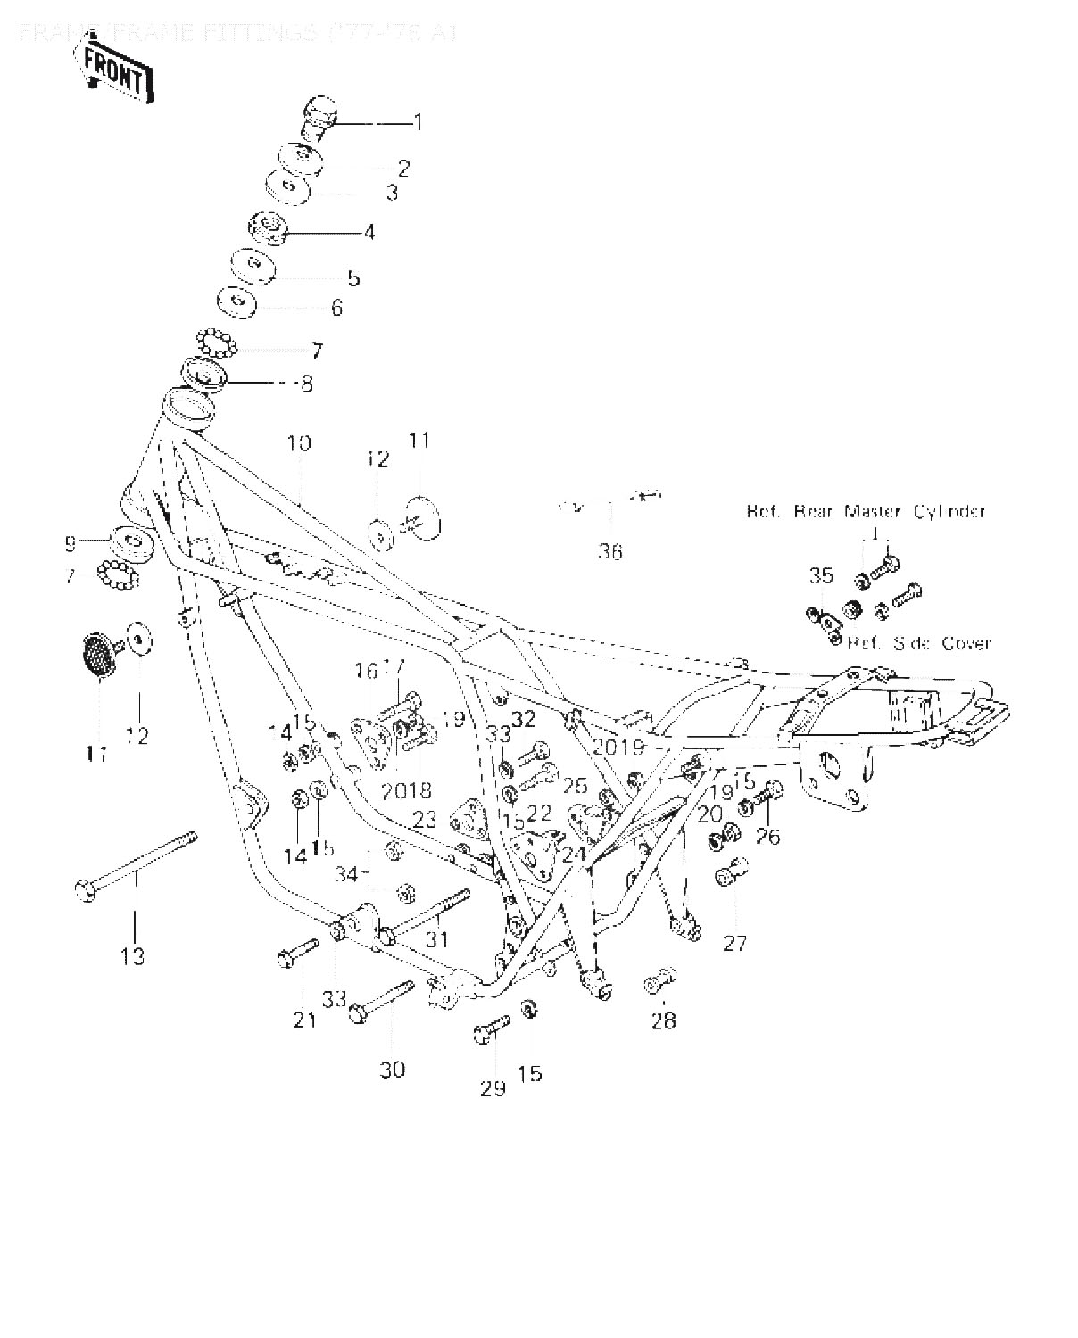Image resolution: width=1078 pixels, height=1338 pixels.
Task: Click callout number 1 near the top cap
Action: (x=417, y=122)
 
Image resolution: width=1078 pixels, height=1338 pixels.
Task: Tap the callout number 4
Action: (x=369, y=233)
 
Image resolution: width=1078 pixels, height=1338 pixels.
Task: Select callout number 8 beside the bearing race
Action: (x=306, y=384)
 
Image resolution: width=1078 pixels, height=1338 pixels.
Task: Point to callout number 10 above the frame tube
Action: (x=299, y=443)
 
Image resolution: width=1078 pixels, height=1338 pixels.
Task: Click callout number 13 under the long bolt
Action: (x=133, y=956)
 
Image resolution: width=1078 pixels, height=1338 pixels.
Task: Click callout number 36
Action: (x=610, y=552)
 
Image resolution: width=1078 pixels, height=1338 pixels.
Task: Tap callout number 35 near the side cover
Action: (x=821, y=575)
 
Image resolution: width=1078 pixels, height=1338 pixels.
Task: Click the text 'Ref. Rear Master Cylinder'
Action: (x=865, y=512)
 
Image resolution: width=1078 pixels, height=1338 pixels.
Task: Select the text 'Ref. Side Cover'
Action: (x=918, y=643)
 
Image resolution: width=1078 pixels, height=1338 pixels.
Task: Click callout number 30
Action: (x=393, y=1070)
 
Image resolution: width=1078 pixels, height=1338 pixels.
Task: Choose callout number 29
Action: (x=493, y=1088)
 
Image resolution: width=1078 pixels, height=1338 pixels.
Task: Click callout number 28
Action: (x=664, y=1020)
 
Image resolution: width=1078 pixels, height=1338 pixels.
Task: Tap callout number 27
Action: (x=734, y=943)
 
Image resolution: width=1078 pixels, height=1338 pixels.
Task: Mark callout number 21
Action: (x=305, y=1020)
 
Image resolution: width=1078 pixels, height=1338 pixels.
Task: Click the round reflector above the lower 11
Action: (x=98, y=655)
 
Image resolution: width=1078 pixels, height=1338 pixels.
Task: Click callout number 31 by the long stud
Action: (x=437, y=939)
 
